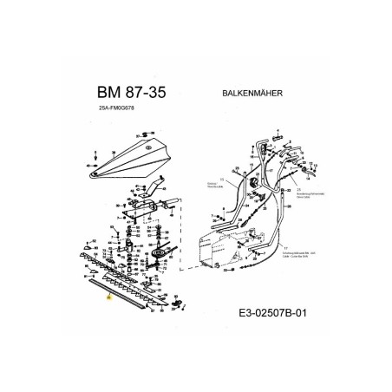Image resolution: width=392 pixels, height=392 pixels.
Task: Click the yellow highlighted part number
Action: point(108,297)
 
